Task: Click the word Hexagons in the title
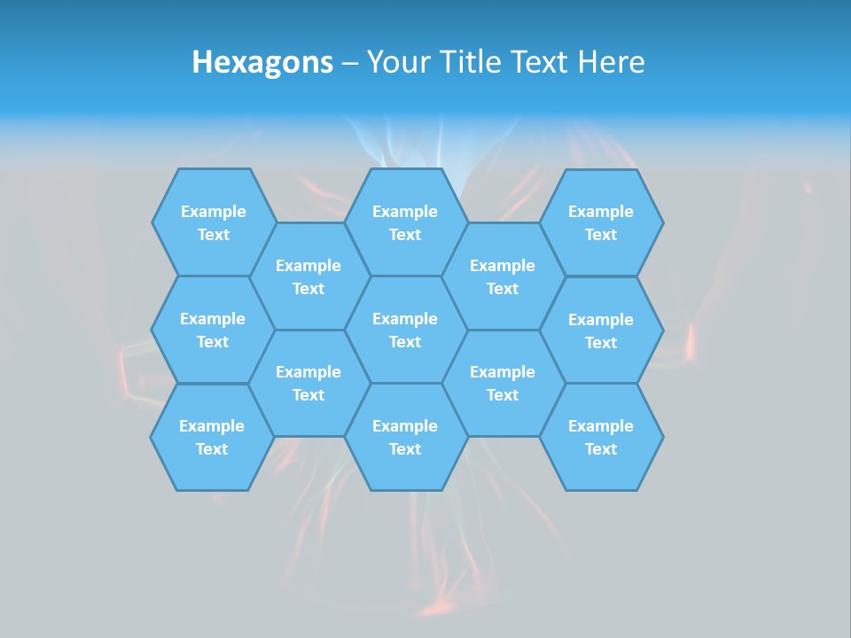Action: click(262, 62)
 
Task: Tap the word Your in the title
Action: click(395, 62)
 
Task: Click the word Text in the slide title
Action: click(539, 62)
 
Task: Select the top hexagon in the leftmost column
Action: click(213, 222)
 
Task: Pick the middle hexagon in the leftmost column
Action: click(213, 330)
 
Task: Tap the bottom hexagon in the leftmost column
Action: click(212, 437)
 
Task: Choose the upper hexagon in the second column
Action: click(308, 276)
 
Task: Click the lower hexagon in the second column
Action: click(308, 383)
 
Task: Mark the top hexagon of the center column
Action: click(405, 222)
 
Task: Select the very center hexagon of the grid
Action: click(405, 330)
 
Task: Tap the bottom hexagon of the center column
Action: click(405, 437)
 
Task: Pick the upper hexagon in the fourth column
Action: click(503, 276)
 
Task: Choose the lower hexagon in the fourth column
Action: click(503, 383)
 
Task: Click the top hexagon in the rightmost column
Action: click(601, 222)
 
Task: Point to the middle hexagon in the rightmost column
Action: click(601, 331)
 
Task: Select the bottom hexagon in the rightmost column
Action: click(601, 437)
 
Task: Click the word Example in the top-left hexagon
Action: click(213, 212)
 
